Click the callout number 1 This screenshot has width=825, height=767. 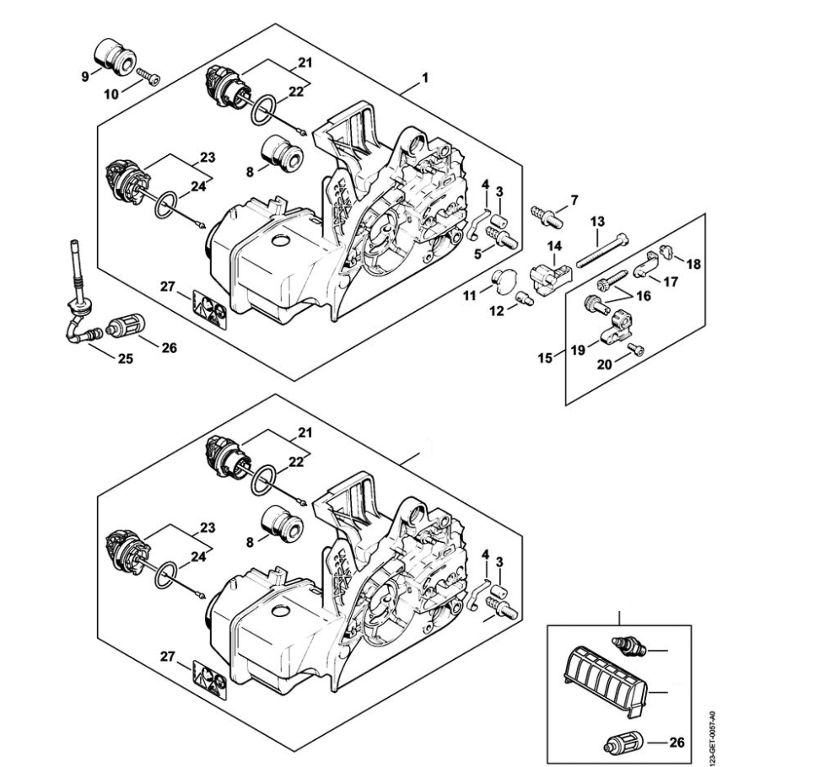(x=425, y=78)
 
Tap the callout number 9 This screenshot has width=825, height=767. (x=84, y=77)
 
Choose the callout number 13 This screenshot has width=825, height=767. (x=597, y=221)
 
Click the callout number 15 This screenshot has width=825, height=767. (x=545, y=358)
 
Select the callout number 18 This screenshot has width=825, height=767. (x=693, y=264)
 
